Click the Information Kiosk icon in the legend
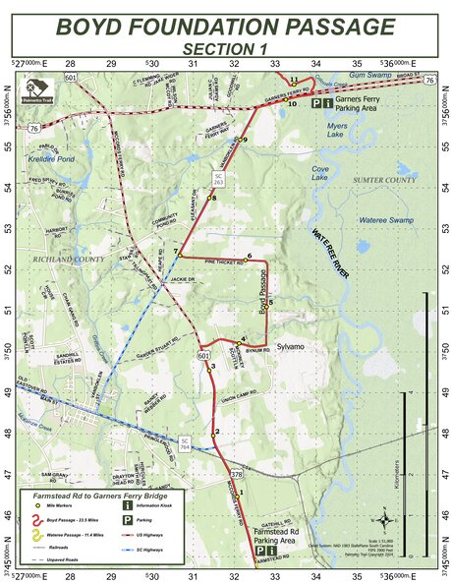[x=128, y=505]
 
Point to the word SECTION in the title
[x=211, y=47]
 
